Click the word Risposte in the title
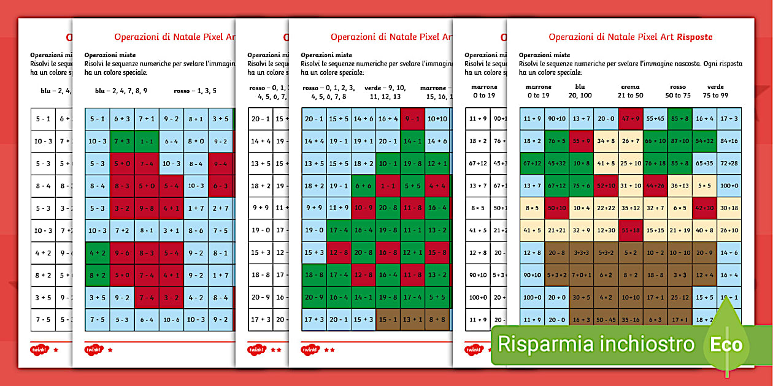point(694,37)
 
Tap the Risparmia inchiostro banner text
point(596,344)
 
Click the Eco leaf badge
point(727,344)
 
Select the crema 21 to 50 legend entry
point(630,91)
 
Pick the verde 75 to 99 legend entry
point(715,91)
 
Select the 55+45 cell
point(655,118)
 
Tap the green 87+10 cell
point(680,140)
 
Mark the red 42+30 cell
point(704,208)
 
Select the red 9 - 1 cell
point(412,119)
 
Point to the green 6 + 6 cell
point(363,186)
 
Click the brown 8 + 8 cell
point(437,319)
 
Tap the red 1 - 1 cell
point(388,186)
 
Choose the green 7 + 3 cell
point(122,141)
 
